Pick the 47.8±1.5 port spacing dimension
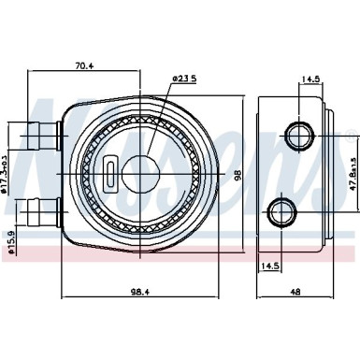pos(353,172)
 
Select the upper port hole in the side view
pos(298,137)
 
